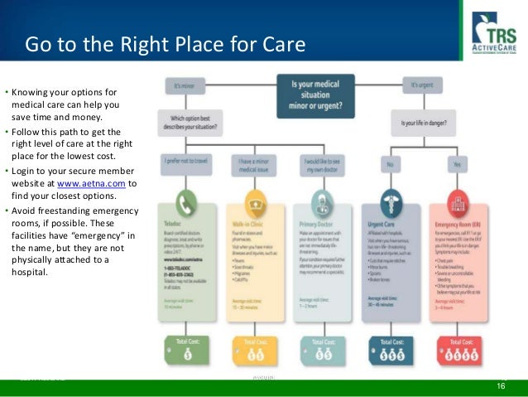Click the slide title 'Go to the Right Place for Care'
[x=165, y=43]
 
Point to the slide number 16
[x=501, y=387]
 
